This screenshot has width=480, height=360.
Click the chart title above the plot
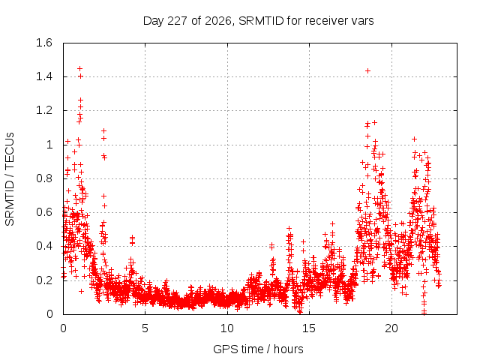pyautogui.click(x=258, y=21)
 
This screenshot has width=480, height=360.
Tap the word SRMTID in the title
pyautogui.click(x=261, y=20)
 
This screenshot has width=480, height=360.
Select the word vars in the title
pyautogui.click(x=362, y=21)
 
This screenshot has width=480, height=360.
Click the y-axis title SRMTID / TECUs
pyautogui.click(x=10, y=179)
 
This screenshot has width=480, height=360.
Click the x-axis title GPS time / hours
pyautogui.click(x=258, y=349)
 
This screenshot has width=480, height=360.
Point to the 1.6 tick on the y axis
pyautogui.click(x=44, y=43)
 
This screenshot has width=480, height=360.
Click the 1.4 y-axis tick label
pyautogui.click(x=44, y=76)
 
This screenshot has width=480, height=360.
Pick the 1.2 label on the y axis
pyautogui.click(x=44, y=110)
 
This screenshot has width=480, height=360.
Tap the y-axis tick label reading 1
pyautogui.click(x=49, y=145)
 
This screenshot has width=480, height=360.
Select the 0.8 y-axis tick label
pyautogui.click(x=44, y=178)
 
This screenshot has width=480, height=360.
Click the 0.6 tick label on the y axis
pyautogui.click(x=44, y=212)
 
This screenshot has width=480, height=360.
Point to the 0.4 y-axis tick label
pyautogui.click(x=44, y=246)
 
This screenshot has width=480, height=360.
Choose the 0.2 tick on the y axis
pyautogui.click(x=44, y=280)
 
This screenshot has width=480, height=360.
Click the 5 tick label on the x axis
pyautogui.click(x=145, y=328)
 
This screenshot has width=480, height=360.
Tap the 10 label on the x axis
pyautogui.click(x=227, y=328)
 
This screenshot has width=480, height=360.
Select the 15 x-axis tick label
pyautogui.click(x=309, y=328)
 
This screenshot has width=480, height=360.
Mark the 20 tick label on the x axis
pyautogui.click(x=391, y=328)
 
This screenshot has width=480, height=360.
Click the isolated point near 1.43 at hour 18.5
pyautogui.click(x=368, y=71)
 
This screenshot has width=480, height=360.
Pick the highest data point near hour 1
pyautogui.click(x=80, y=68)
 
